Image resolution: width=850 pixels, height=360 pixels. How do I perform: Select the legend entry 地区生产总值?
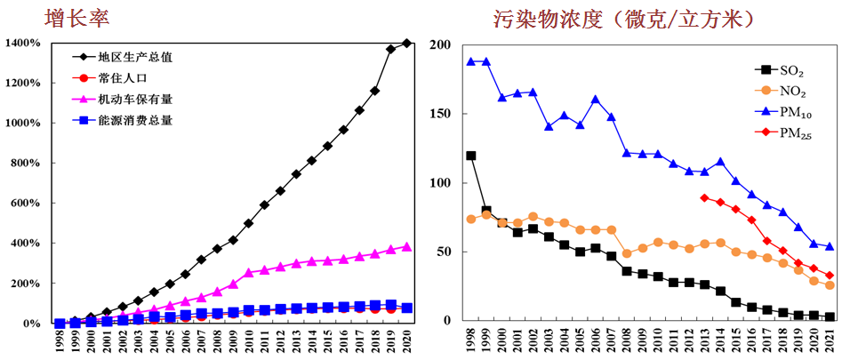[135, 57]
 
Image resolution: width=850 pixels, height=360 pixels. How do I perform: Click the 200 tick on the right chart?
[441, 45]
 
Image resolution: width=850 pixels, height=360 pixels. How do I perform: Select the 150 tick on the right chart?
[441, 114]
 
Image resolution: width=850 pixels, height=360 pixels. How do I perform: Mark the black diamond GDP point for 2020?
[407, 43]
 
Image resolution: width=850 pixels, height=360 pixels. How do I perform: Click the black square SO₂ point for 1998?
[471, 156]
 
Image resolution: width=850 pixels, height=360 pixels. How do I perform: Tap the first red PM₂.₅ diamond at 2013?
[704, 197]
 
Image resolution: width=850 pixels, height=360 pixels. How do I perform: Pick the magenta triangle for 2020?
[407, 246]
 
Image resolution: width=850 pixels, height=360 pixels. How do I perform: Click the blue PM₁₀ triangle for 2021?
[830, 246]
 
